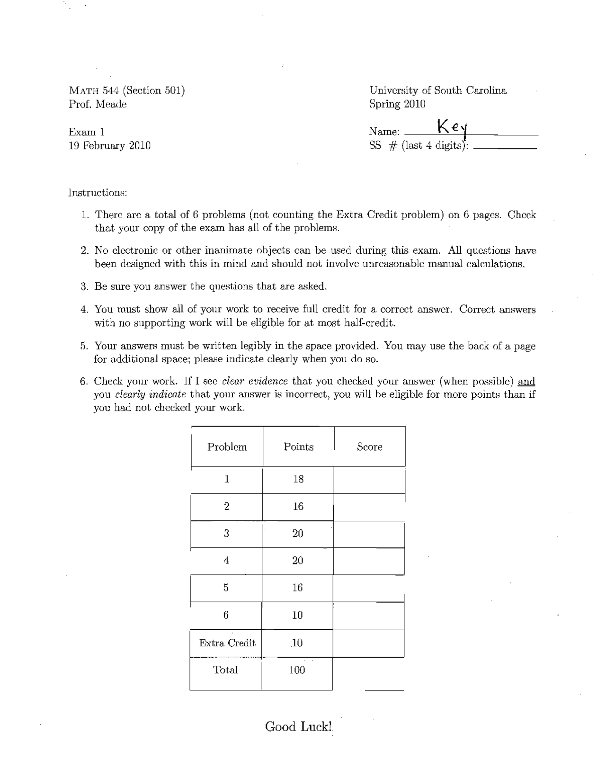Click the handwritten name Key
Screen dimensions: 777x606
tap(452, 127)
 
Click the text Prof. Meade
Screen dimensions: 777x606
tap(98, 104)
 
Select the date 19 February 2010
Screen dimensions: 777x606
tap(109, 145)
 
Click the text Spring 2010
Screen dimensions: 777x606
tap(397, 104)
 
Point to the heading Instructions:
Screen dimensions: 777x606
tap(98, 193)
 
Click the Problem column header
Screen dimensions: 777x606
tap(227, 447)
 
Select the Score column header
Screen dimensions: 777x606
tap(369, 447)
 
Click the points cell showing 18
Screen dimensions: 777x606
tap(298, 479)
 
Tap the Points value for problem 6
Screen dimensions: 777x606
tap(297, 615)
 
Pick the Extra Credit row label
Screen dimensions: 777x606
tap(227, 643)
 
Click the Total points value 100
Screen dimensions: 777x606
tap(297, 670)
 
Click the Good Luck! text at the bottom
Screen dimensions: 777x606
tap(298, 727)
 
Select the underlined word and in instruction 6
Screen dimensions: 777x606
tap(526, 381)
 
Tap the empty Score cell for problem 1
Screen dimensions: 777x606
tap(369, 480)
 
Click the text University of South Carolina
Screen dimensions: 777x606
tap(437, 90)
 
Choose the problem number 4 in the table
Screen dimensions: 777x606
tap(226, 561)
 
